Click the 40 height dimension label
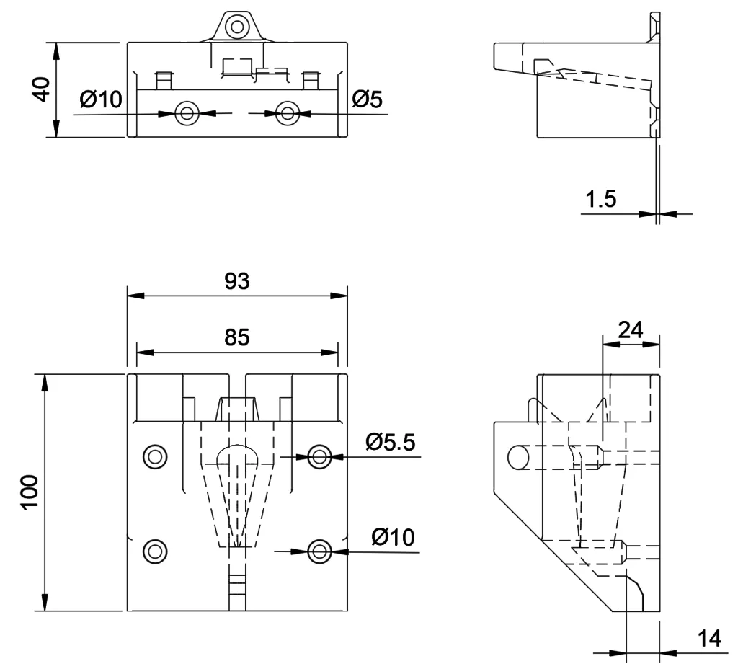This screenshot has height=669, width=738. coord(42,89)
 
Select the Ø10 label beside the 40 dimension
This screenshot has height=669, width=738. coord(102,99)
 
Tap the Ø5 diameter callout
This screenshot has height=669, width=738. coord(367,99)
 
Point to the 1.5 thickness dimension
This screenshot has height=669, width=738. coord(601,199)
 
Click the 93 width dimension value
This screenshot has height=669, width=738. coord(236,282)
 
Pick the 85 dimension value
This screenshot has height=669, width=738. coord(237,338)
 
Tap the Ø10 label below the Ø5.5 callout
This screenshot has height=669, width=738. coord(393,537)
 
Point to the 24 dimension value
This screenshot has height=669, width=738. coord(631,329)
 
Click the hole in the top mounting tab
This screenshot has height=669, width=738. coord(236,27)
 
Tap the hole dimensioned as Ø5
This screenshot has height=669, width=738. coord(288,112)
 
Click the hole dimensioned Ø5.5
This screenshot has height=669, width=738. coord(319,455)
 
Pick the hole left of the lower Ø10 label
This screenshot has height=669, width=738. coord(319,551)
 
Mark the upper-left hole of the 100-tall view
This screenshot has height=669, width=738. coord(154,455)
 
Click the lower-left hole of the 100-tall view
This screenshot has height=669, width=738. coord(154,551)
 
